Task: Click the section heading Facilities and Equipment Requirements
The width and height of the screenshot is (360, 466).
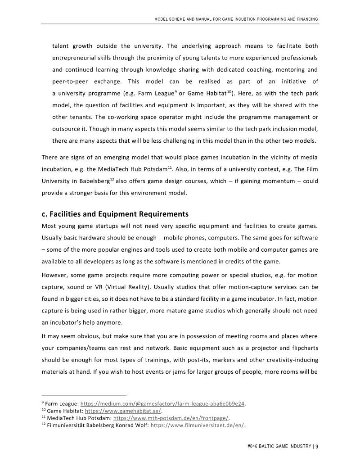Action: (x=115, y=213)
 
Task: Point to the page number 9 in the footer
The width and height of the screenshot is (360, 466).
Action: (x=317, y=447)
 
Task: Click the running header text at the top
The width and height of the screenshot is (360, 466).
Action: (x=236, y=19)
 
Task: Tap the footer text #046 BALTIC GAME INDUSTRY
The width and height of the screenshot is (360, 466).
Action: (x=279, y=447)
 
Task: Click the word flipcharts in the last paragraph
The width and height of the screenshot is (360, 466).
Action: (x=302, y=349)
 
